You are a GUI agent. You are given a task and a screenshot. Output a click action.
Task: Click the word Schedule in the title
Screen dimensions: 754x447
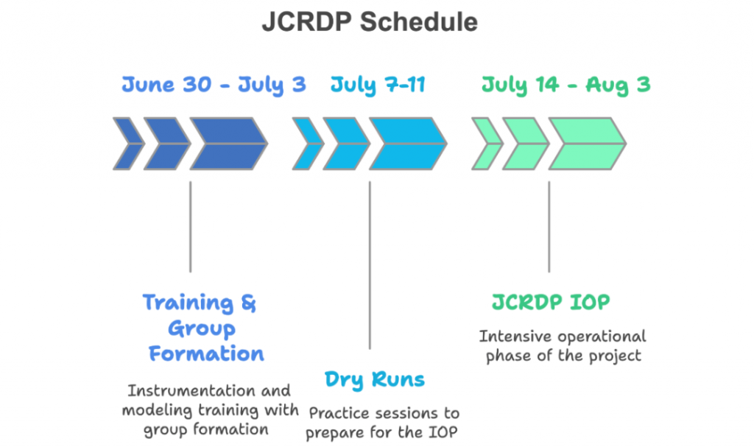pyautogui.click(x=418, y=22)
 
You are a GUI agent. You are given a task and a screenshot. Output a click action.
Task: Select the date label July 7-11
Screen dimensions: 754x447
pyautogui.click(x=378, y=85)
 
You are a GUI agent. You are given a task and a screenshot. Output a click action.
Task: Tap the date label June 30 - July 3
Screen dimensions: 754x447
pyautogui.click(x=214, y=85)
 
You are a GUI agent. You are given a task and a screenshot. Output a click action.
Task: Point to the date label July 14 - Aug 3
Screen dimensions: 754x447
pyautogui.click(x=566, y=85)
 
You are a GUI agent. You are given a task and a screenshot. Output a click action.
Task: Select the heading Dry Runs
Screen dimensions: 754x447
pyautogui.click(x=375, y=380)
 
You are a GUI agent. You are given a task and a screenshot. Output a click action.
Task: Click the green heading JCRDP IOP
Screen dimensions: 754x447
pyautogui.click(x=551, y=302)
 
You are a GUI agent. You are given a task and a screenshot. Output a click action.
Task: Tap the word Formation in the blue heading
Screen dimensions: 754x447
pyautogui.click(x=206, y=353)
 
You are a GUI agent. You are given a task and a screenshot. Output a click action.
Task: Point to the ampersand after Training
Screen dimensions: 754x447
pyautogui.click(x=248, y=303)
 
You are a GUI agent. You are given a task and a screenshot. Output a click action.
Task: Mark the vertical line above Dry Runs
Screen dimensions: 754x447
pyautogui.click(x=370, y=265)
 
